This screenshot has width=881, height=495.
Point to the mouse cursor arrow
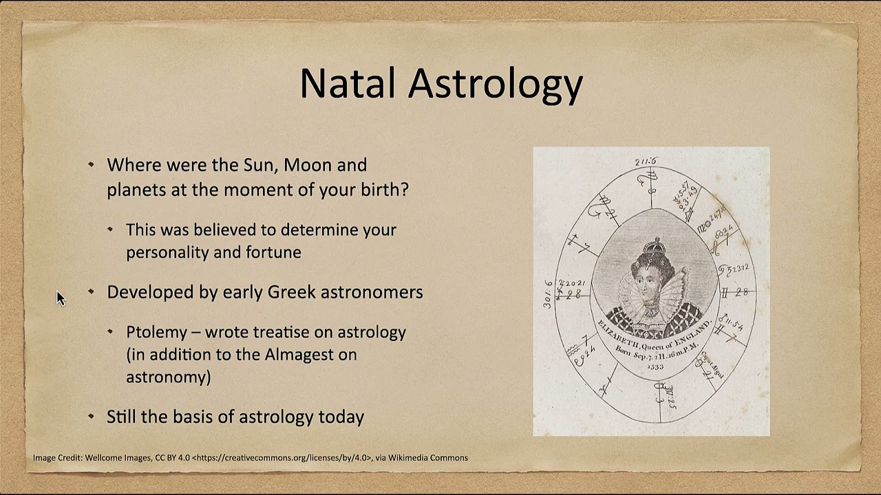pyautogui.click(x=60, y=297)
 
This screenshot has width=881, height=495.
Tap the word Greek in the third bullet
pyautogui.click(x=287, y=292)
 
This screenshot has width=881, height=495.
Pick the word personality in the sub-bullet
pyautogui.click(x=167, y=252)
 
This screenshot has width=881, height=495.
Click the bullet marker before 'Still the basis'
pyautogui.click(x=92, y=416)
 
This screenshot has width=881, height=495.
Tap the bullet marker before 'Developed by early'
pyautogui.click(x=92, y=291)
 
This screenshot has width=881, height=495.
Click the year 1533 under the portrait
pyautogui.click(x=655, y=366)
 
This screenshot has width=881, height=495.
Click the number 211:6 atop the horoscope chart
pyautogui.click(x=646, y=162)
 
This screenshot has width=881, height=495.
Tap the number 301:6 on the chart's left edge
pyautogui.click(x=549, y=294)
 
